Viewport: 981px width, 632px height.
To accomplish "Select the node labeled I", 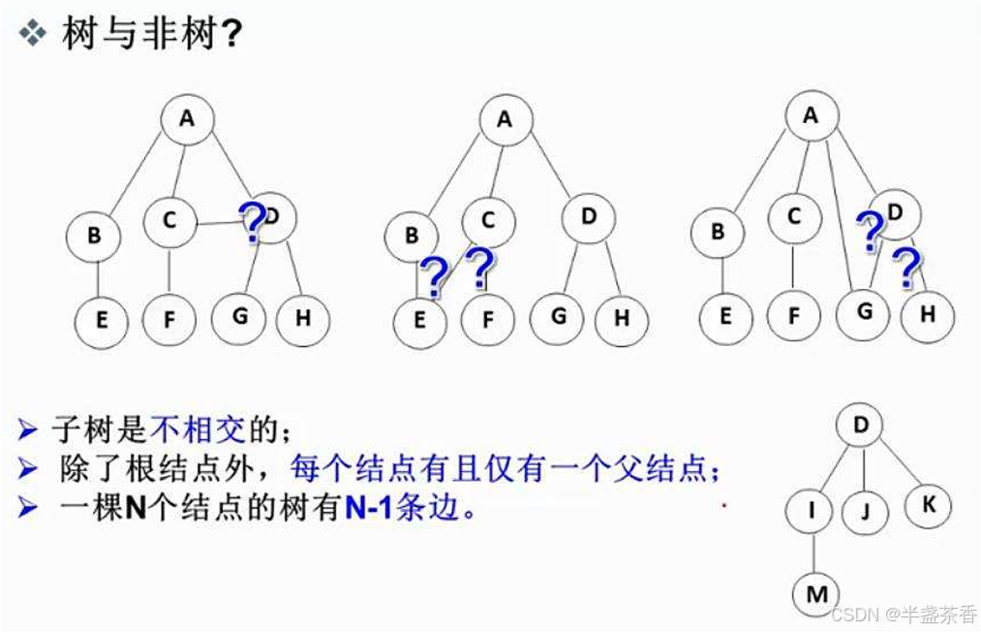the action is (813, 507).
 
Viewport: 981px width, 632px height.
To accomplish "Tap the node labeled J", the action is (866, 510).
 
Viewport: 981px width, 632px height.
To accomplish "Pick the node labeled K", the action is (928, 504).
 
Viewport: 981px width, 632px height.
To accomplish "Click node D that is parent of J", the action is (861, 425).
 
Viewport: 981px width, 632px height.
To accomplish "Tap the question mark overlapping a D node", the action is (252, 223).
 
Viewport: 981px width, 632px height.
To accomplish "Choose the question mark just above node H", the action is (906, 268).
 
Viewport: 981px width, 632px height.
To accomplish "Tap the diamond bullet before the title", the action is (34, 34).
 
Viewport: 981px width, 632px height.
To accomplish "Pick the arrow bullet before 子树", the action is (29, 427).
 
